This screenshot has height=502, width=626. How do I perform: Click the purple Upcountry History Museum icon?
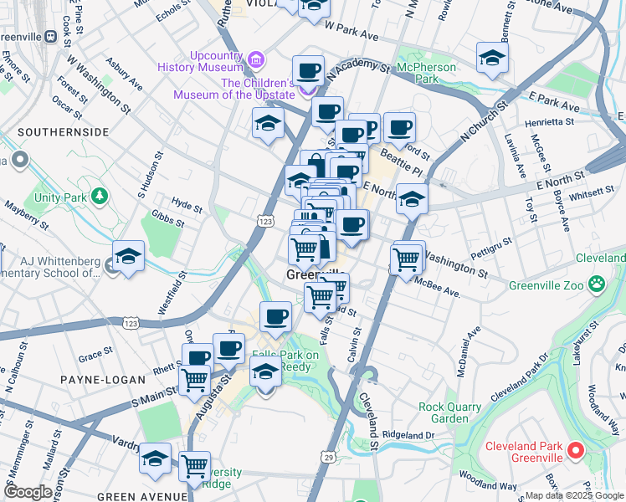pos(255,58)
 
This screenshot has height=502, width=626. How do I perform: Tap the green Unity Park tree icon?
pos(100,197)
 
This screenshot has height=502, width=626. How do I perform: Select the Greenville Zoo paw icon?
pos(596,284)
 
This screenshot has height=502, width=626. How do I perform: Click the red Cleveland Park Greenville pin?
pos(576,451)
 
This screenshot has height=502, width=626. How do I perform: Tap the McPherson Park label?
pos(427,73)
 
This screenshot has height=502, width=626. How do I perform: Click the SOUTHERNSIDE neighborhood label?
pos(63,132)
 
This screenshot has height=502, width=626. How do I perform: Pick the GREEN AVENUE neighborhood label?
pos(142,496)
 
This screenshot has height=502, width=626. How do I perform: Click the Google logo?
pos(28,492)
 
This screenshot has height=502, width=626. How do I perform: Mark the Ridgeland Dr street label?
pos(408,435)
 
